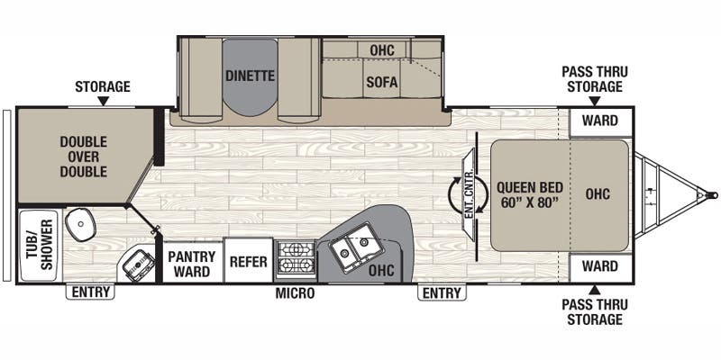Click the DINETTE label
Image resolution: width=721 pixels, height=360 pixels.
pyautogui.click(x=249, y=76)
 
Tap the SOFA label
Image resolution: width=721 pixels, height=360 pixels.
pyautogui.click(x=382, y=82)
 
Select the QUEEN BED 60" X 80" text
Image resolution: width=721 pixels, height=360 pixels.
pyautogui.click(x=529, y=195)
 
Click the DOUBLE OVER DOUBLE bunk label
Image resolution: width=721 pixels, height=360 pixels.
pyautogui.click(x=83, y=157)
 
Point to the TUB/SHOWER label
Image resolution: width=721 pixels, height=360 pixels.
pyautogui.click(x=37, y=242)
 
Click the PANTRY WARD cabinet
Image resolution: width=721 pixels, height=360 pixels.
pyautogui.click(x=191, y=263)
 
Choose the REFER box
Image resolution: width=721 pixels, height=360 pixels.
pyautogui.click(x=247, y=263)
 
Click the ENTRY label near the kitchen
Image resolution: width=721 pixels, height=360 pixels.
pyautogui.click(x=441, y=292)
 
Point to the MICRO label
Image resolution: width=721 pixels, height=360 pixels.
pyautogui.click(x=295, y=293)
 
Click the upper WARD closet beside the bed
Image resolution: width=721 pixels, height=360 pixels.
pyautogui.click(x=599, y=121)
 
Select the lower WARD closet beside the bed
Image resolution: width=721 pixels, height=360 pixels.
pyautogui.click(x=599, y=266)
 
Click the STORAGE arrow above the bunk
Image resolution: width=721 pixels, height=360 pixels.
pyautogui.click(x=103, y=102)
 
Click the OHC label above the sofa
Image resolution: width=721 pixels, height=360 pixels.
pyautogui.click(x=382, y=49)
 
